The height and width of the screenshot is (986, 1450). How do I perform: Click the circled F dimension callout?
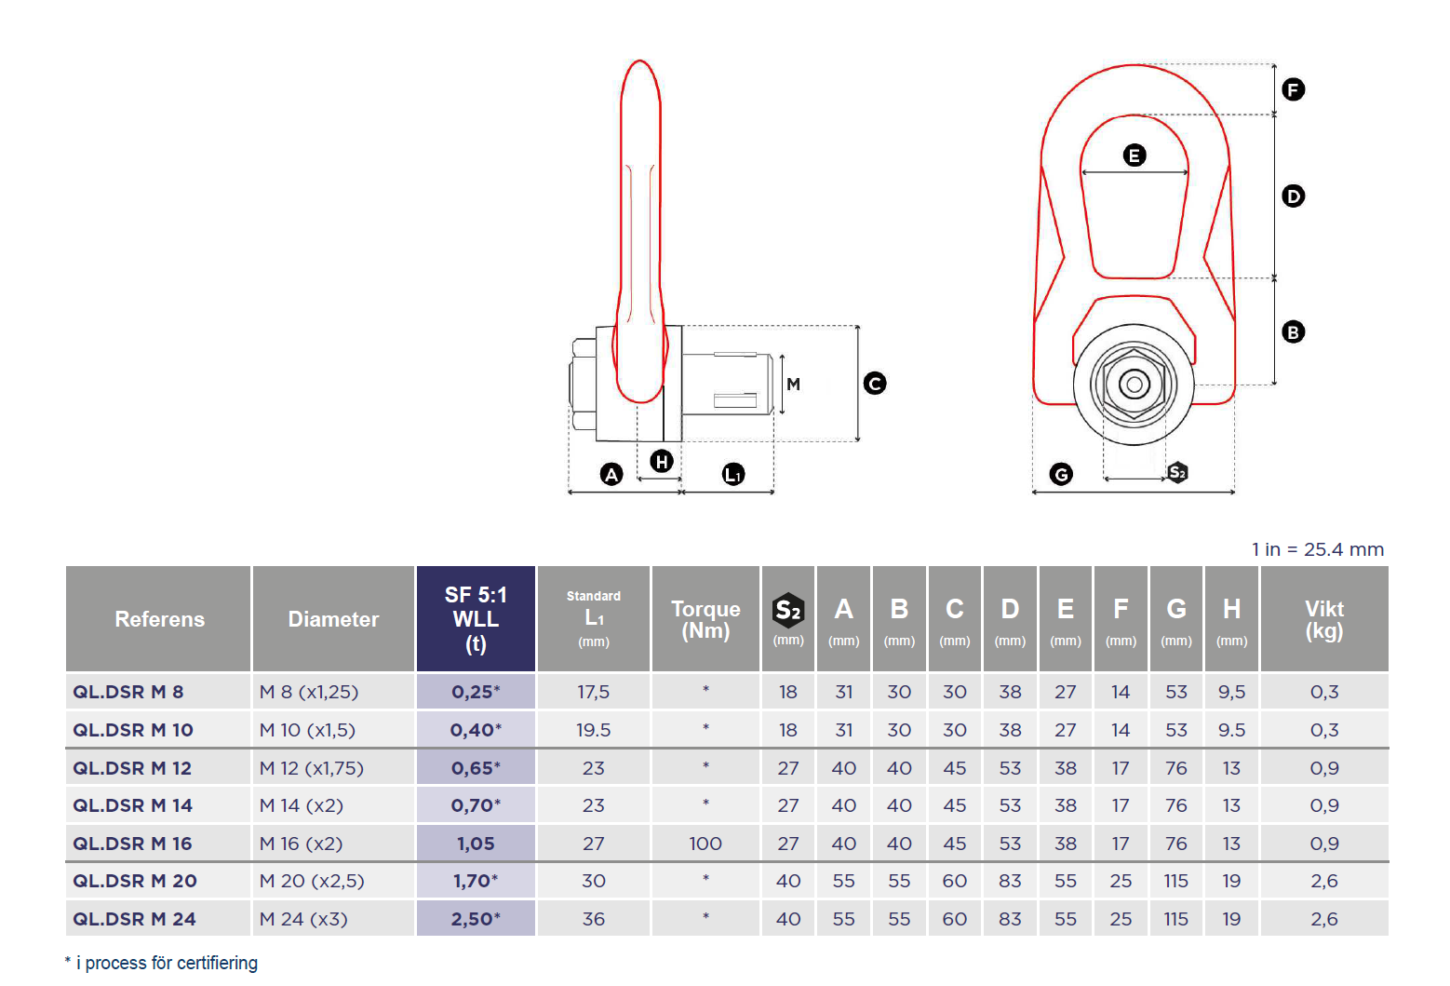(1293, 89)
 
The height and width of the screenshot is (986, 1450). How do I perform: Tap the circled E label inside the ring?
(1134, 155)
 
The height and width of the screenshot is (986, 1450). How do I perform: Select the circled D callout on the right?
(1293, 196)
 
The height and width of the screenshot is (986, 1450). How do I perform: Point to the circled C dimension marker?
(875, 384)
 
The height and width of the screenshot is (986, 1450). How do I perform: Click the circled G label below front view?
(1061, 474)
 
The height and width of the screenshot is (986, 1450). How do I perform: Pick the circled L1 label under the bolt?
(733, 475)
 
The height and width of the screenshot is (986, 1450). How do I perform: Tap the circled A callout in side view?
(611, 475)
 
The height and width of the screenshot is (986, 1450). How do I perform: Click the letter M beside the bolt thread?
(793, 384)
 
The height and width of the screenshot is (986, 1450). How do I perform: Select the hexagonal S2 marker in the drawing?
(1177, 472)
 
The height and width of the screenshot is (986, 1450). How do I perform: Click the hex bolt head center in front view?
(1134, 384)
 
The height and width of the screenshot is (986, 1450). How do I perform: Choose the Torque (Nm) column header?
(705, 619)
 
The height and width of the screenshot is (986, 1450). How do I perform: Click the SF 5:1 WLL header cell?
(476, 619)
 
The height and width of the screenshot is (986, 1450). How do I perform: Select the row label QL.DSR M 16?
(133, 844)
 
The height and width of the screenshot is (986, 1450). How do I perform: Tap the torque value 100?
(705, 844)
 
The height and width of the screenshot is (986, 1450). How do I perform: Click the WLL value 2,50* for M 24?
(476, 919)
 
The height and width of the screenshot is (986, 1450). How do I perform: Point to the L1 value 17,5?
(593, 692)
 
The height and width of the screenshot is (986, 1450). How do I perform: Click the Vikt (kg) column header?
(1323, 619)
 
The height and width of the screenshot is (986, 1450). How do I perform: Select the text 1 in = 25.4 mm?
(1317, 549)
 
